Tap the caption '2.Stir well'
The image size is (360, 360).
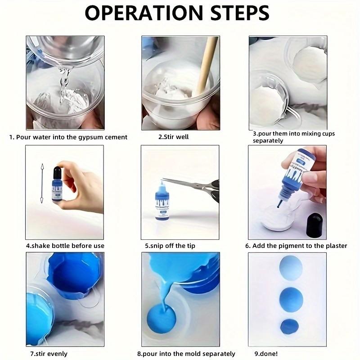pos(173,137)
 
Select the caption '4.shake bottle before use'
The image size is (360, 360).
pos(65,246)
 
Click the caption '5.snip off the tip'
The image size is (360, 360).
pos(170,246)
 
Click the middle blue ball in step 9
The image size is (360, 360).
pos(290,298)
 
